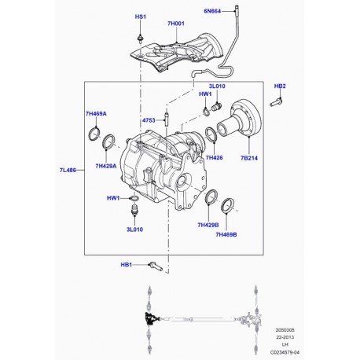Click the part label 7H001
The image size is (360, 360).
pos(174,24)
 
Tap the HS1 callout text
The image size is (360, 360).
pos(141,17)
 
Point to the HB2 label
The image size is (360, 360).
pos(280,86)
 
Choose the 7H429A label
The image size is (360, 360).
pos(105,166)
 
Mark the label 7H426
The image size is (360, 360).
pos(215,157)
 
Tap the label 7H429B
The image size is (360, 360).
pos(208,225)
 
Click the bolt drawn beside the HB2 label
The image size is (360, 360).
pos(274,101)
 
